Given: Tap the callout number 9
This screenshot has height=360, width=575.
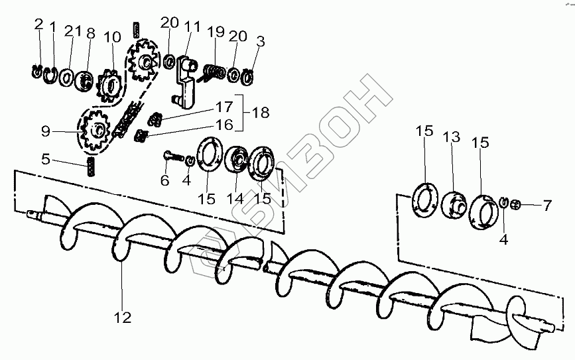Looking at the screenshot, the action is tap(45, 132).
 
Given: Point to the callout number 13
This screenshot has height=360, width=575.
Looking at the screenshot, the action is tap(452, 137).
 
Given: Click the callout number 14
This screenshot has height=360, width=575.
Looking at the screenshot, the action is tap(234, 198).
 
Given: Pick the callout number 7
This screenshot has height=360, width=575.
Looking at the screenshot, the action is tap(546, 206).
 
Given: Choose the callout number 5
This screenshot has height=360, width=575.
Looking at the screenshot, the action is tap(45, 160).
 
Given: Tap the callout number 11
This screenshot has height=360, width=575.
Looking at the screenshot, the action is tap(192, 27).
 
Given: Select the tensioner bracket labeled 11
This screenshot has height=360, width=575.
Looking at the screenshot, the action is tap(184, 80).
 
